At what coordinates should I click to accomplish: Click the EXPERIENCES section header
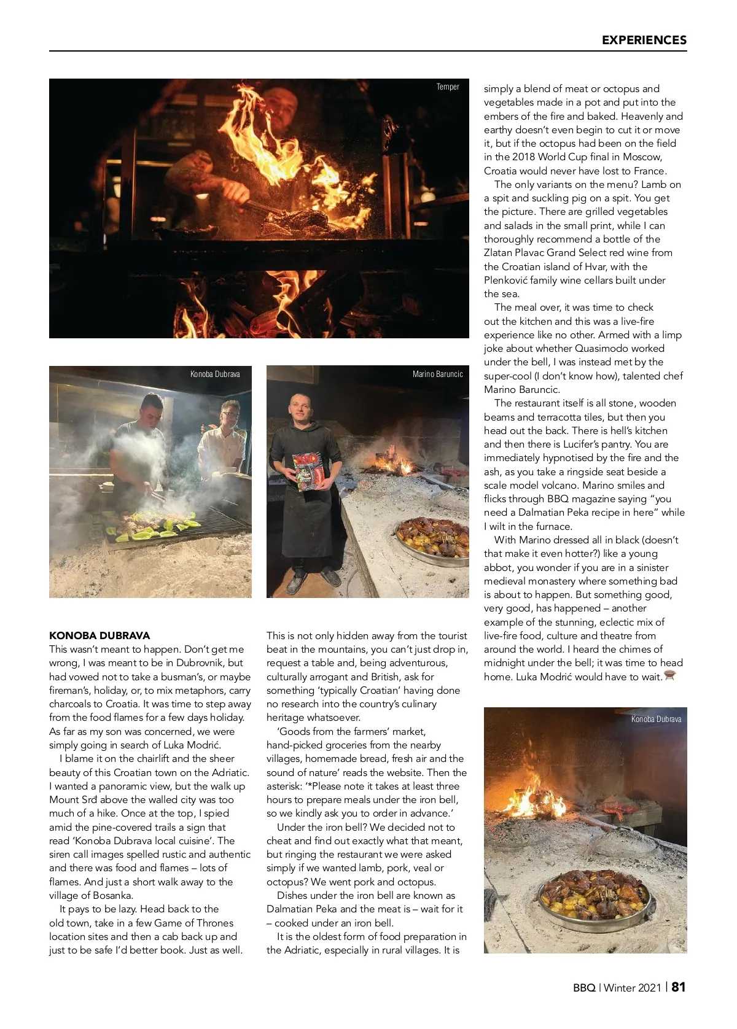tap(644, 40)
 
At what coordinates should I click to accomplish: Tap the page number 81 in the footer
tap(679, 987)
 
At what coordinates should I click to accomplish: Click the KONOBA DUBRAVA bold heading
tap(99, 635)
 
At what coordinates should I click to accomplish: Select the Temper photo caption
tap(448, 87)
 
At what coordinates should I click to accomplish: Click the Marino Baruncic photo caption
tap(437, 374)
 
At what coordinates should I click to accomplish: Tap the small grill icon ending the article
tap(670, 676)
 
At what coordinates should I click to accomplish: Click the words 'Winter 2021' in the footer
tap(632, 988)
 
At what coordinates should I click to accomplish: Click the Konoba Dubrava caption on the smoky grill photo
tap(215, 374)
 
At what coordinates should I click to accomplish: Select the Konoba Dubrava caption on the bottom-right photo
tap(656, 719)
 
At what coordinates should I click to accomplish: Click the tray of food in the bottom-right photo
tap(594, 895)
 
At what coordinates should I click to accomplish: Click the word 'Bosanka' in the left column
tap(112, 895)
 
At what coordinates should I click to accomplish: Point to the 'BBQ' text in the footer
tap(584, 988)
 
